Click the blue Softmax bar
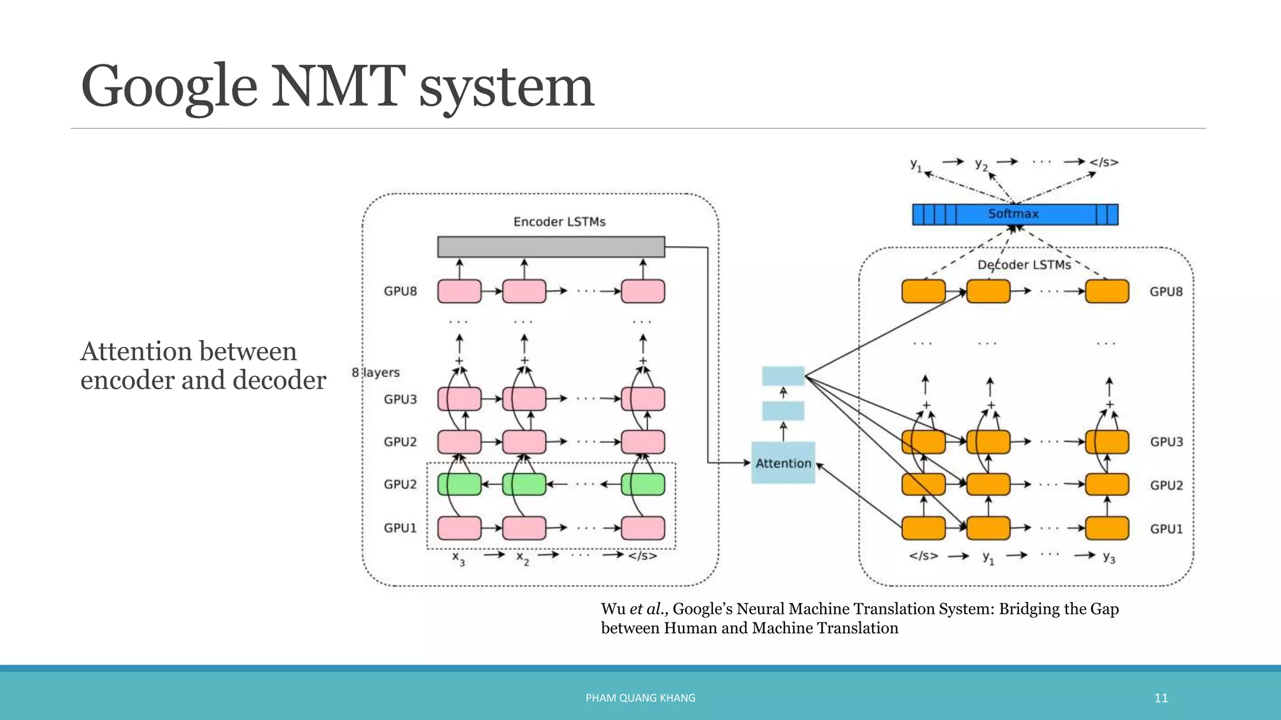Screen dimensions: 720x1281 click(x=1015, y=214)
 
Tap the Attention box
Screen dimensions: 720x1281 click(x=782, y=463)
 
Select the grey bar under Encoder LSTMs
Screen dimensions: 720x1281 click(x=550, y=247)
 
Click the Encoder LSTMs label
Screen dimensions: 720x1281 click(x=559, y=222)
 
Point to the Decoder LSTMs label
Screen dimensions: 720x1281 click(x=1024, y=265)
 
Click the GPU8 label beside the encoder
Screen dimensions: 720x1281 click(x=400, y=291)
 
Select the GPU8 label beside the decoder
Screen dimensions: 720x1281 click(x=1166, y=292)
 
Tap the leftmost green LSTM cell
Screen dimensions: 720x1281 click(x=459, y=484)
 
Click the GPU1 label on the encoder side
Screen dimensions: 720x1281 click(x=400, y=528)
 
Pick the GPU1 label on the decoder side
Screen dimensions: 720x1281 click(x=1166, y=529)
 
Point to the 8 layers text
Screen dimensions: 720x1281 click(x=375, y=372)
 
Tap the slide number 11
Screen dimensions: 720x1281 click(x=1161, y=698)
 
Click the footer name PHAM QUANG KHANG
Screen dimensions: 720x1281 click(x=640, y=698)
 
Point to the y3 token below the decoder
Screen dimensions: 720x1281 click(x=1108, y=557)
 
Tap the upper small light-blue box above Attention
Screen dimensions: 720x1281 click(x=782, y=376)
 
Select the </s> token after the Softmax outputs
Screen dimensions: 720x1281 click(x=1103, y=162)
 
